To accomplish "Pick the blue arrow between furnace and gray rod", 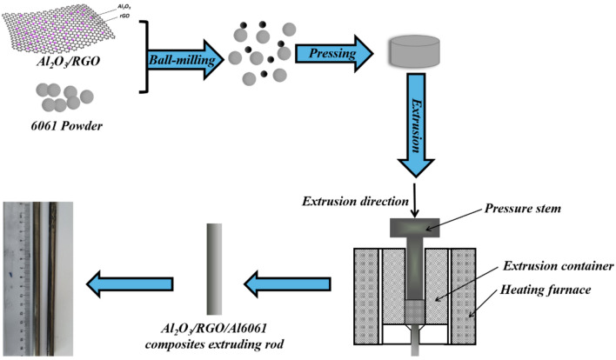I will point(287,281).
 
